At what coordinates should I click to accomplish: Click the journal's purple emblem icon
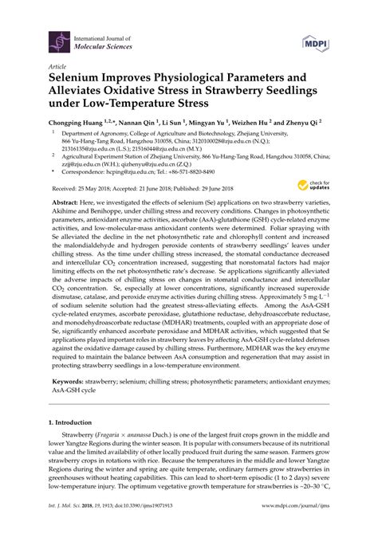pos(58,37)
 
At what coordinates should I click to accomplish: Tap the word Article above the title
pos(57,67)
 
